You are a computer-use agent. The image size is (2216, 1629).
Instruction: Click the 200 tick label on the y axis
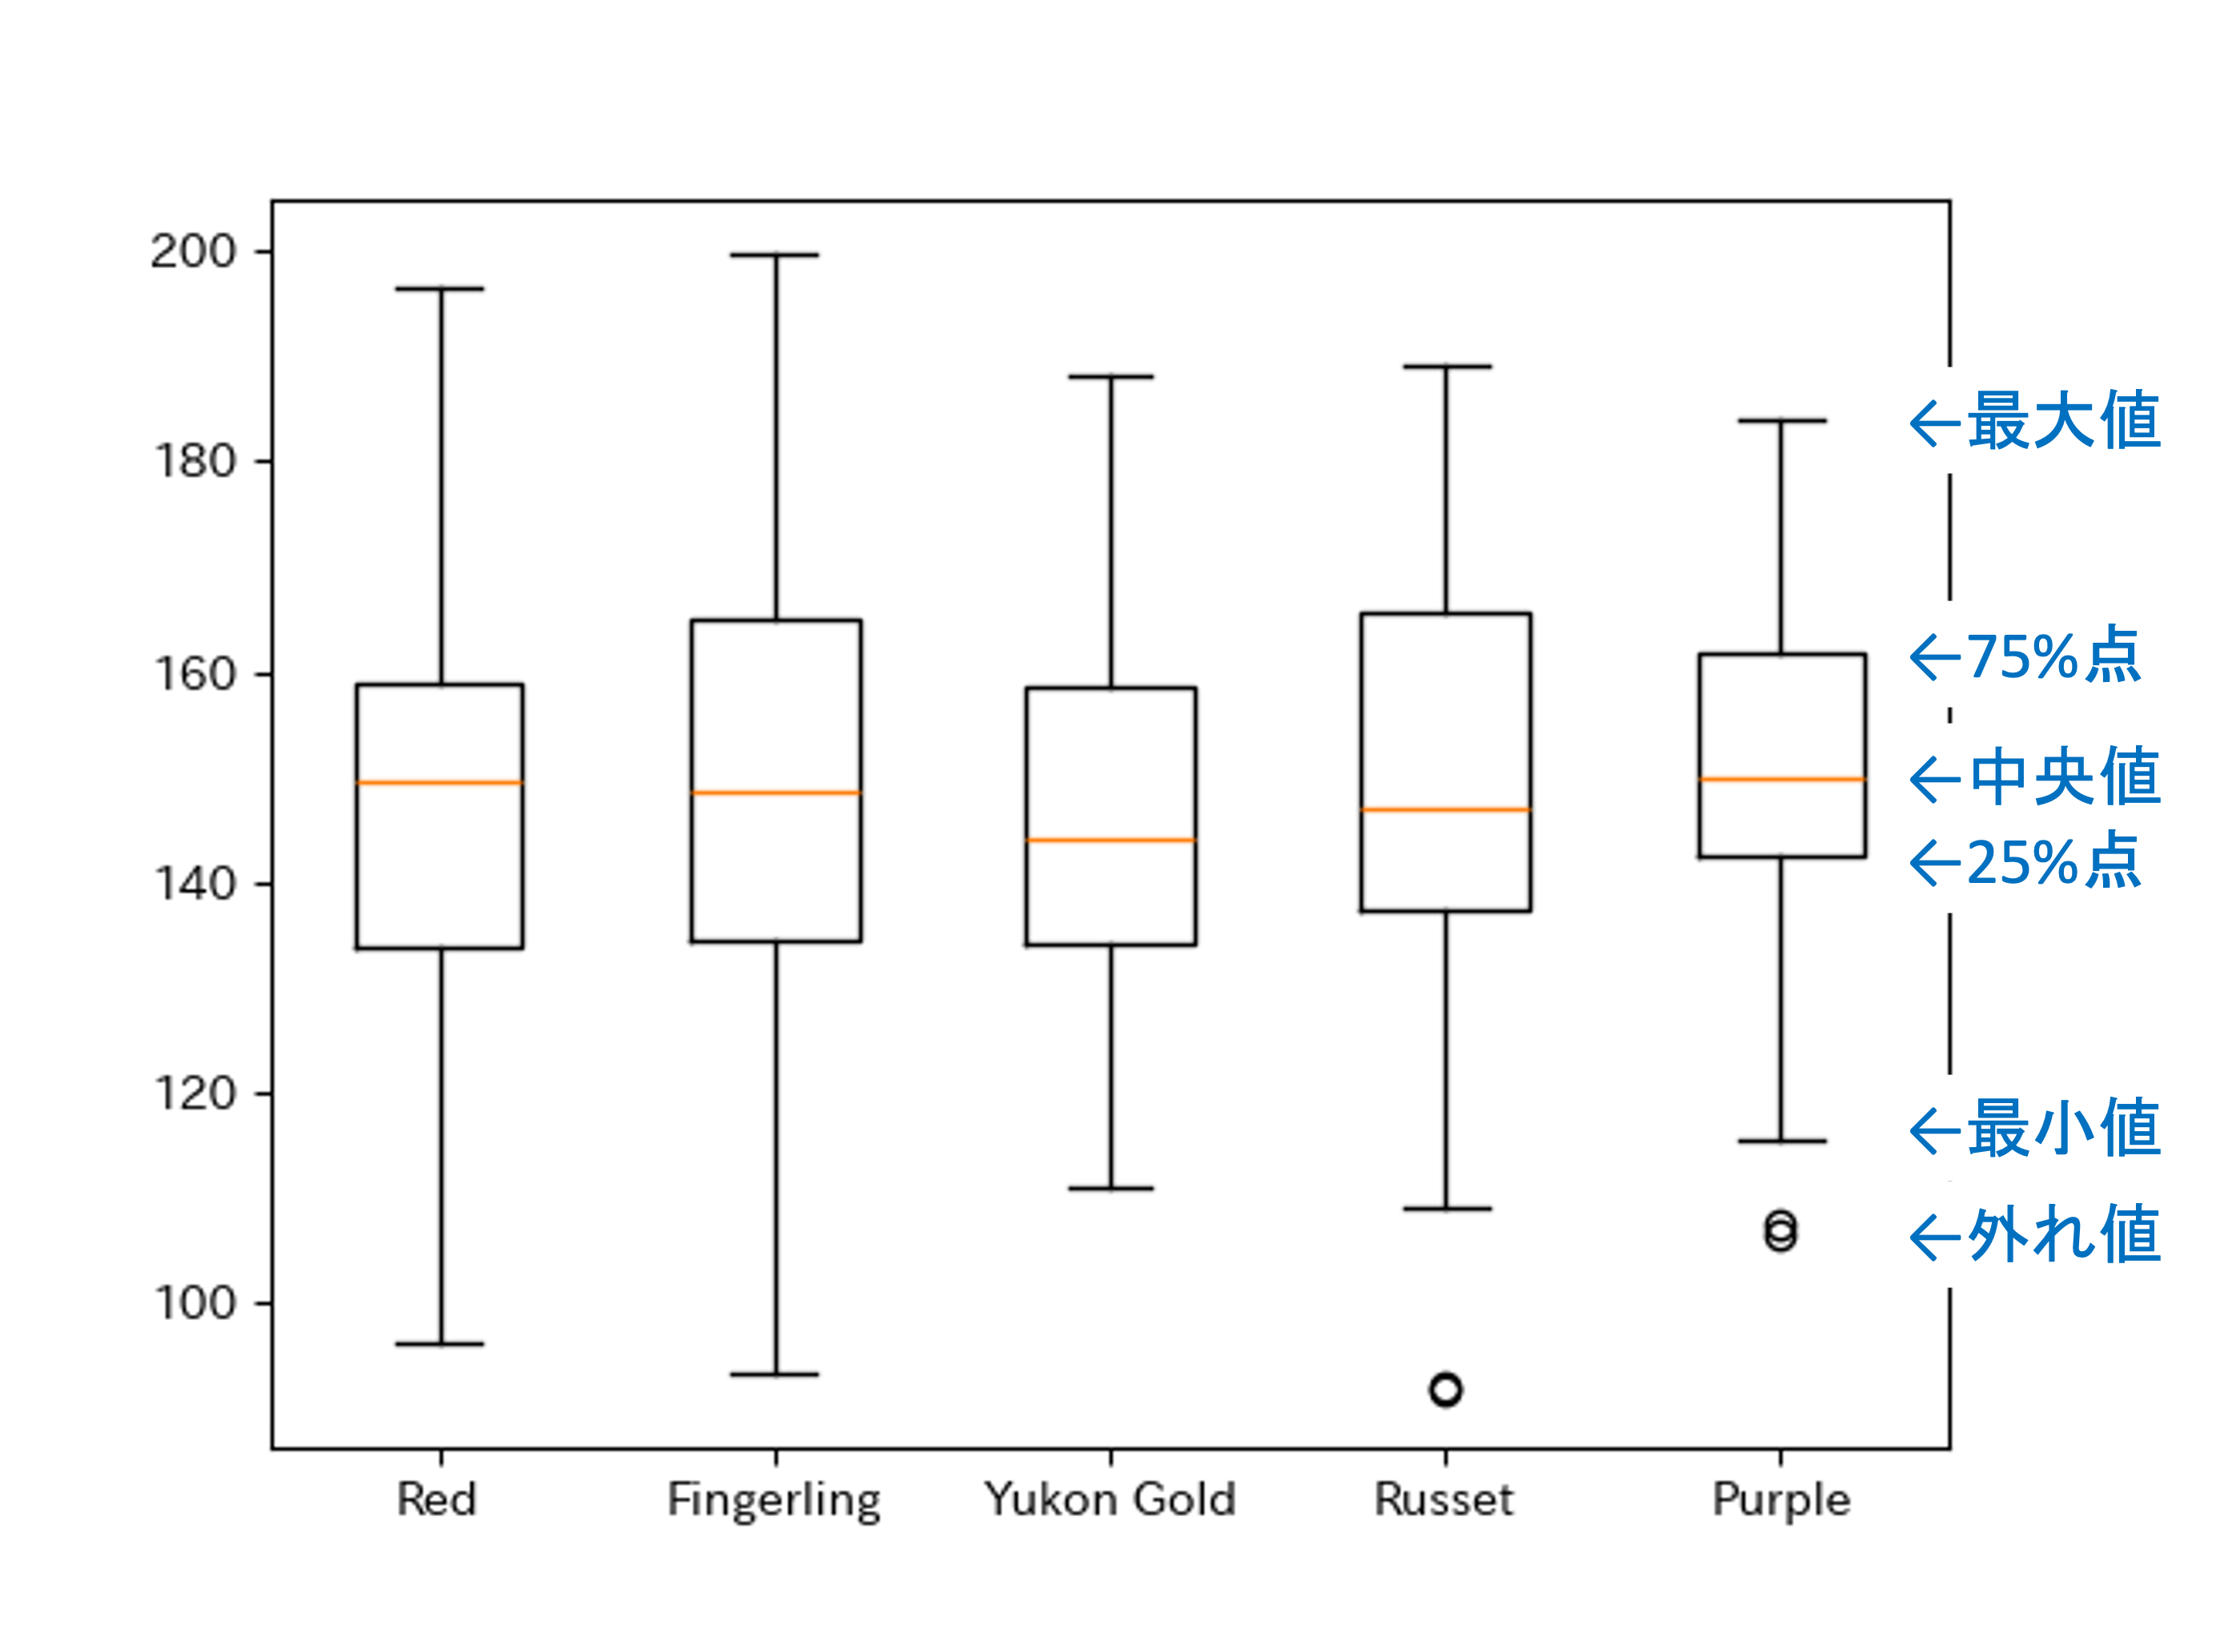coord(193,252)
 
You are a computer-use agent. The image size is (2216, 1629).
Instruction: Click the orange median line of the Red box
coord(440,783)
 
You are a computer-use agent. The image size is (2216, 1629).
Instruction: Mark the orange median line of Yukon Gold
coord(1110,841)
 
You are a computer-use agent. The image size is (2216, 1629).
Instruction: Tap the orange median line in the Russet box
coord(1446,809)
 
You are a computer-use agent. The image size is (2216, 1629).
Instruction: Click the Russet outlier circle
coord(1446,1390)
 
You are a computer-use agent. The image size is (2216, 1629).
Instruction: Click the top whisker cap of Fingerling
coord(775,255)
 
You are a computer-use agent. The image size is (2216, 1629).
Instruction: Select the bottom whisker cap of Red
coord(440,1344)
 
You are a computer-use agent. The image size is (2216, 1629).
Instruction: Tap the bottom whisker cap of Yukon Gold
coord(1110,1188)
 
